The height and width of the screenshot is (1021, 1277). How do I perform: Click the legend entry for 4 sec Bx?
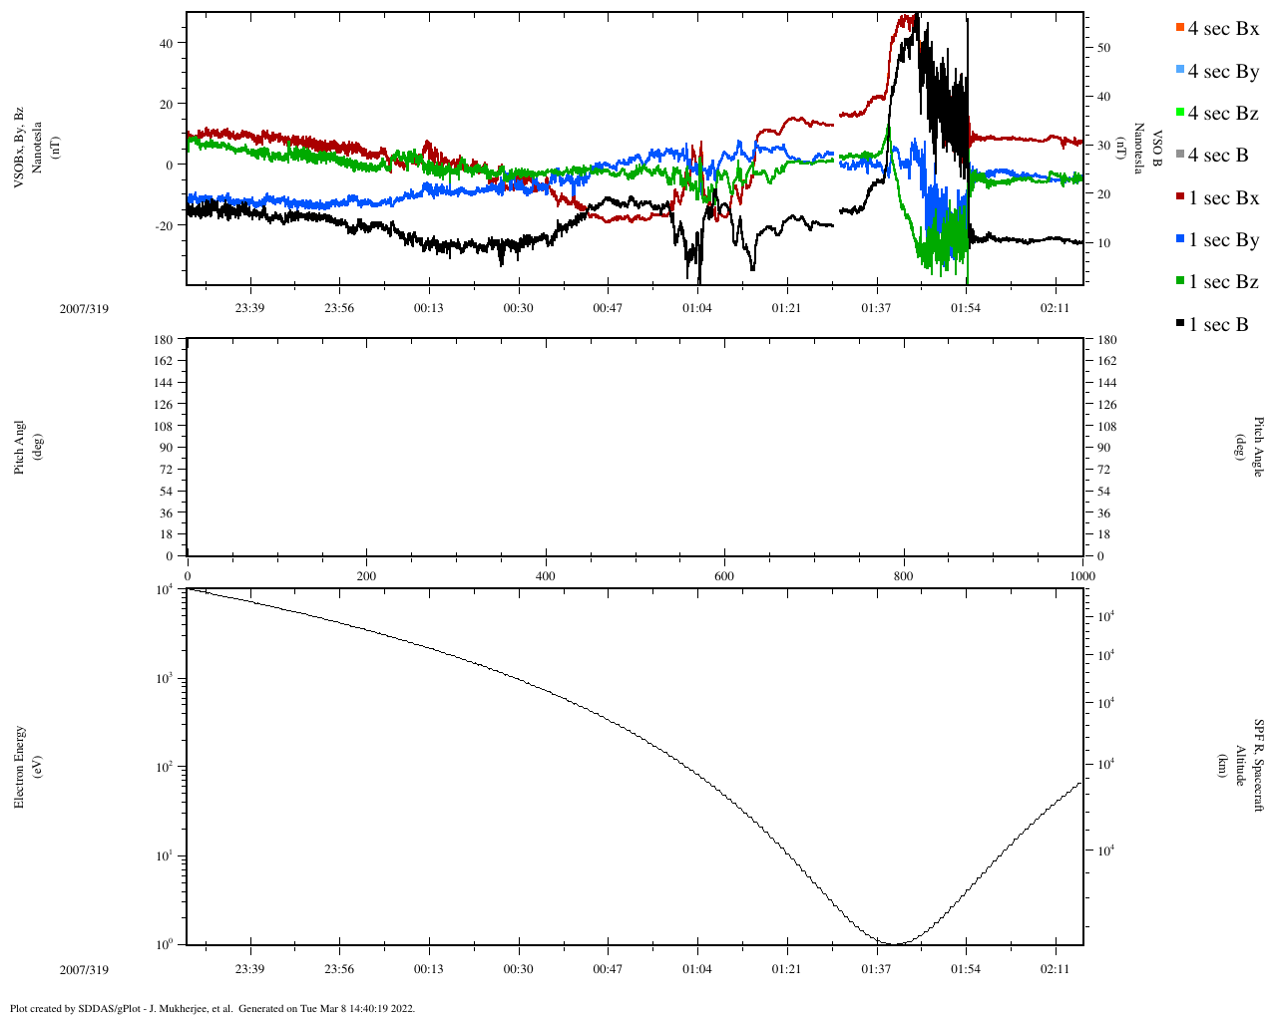pos(1217,29)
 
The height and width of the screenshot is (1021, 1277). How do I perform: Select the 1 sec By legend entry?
pos(1217,240)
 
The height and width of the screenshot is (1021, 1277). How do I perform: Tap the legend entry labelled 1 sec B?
pos(1212,325)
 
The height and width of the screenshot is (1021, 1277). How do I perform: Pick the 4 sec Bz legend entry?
pos(1217,114)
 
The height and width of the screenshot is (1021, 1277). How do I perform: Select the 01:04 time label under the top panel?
pos(696,308)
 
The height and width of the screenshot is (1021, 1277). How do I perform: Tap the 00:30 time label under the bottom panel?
pos(518,969)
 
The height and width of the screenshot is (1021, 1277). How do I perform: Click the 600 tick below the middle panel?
pos(724,576)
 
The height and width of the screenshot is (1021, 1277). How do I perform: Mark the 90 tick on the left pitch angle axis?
pos(166,448)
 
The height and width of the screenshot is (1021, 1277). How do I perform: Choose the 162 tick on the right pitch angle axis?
pos(1106,361)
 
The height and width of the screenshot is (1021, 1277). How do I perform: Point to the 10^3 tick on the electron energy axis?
pos(165,679)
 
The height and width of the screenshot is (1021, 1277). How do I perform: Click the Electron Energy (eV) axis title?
pos(28,767)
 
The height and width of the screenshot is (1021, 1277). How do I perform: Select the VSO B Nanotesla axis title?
pos(1144,150)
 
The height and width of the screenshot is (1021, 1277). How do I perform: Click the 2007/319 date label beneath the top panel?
pos(84,309)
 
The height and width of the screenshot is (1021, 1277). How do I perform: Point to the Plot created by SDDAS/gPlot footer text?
pos(212,1008)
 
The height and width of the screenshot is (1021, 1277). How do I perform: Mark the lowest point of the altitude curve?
pos(895,943)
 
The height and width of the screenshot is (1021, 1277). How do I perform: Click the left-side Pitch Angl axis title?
pos(28,448)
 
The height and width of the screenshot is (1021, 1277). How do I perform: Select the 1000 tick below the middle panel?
pos(1082,576)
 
